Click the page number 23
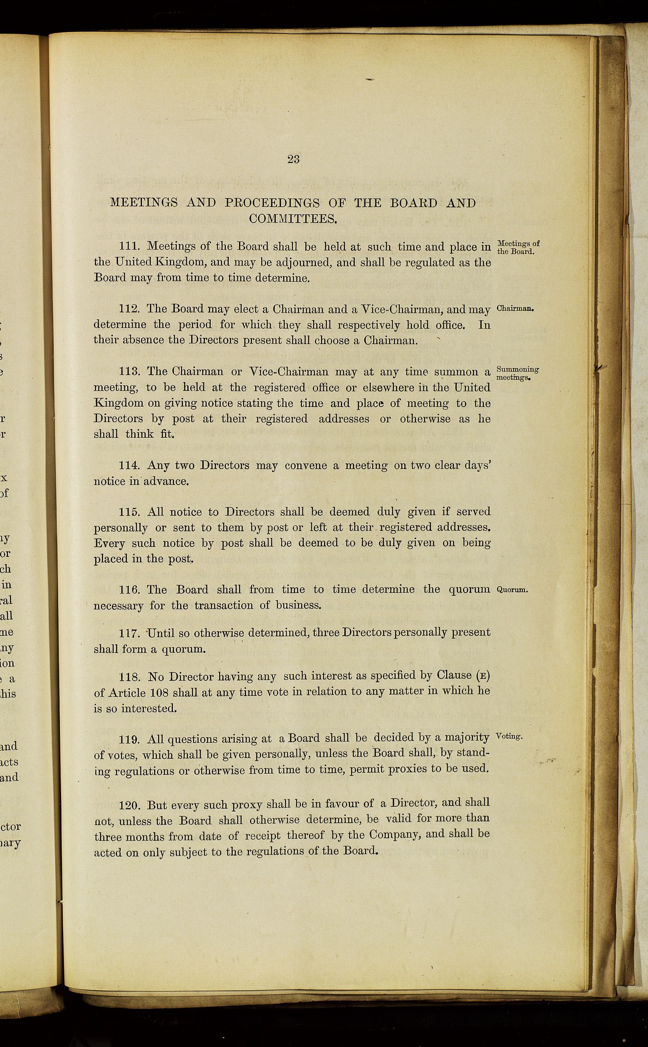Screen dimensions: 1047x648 pyautogui.click(x=293, y=159)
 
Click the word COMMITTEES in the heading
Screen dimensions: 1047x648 pyautogui.click(x=293, y=219)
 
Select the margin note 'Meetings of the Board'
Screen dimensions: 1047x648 pyautogui.click(x=518, y=247)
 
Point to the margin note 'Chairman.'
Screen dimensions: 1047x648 pyautogui.click(x=514, y=309)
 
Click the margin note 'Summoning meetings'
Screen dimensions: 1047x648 pyautogui.click(x=517, y=374)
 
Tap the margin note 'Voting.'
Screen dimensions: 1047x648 pyautogui.click(x=509, y=737)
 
